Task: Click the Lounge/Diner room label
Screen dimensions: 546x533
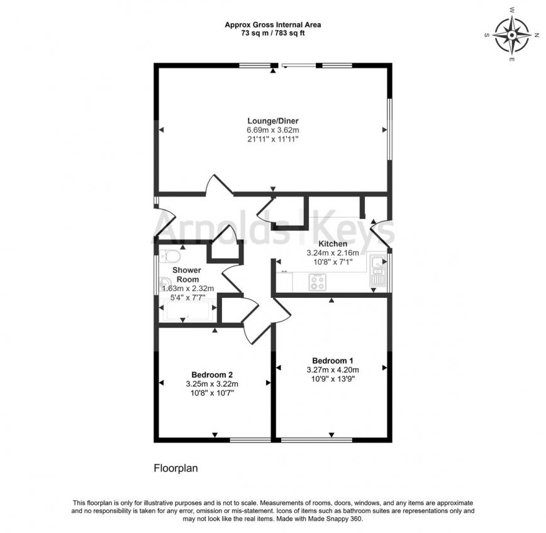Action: click(273, 121)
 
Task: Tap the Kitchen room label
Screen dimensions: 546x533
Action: click(333, 244)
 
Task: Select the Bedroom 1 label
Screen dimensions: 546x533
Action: click(333, 361)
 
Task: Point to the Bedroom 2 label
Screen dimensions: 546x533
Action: click(212, 375)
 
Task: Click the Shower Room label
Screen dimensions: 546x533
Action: click(187, 275)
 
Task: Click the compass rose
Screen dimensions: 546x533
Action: click(512, 35)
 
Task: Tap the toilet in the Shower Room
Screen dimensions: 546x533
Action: click(170, 256)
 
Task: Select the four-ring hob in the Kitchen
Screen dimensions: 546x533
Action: click(318, 282)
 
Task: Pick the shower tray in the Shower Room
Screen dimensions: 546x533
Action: click(188, 310)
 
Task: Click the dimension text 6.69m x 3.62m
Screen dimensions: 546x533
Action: click(273, 130)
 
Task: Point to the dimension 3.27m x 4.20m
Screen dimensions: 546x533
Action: click(333, 370)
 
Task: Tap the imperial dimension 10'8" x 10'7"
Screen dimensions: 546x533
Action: click(212, 393)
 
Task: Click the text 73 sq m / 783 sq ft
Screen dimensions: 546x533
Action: click(273, 33)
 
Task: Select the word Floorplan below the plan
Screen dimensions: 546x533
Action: click(176, 468)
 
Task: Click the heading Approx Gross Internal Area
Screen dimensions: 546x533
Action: click(273, 25)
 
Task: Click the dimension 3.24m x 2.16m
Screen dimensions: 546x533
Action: click(333, 253)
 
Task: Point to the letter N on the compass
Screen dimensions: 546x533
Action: click(537, 35)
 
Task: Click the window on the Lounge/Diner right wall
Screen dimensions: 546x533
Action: click(391, 129)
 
